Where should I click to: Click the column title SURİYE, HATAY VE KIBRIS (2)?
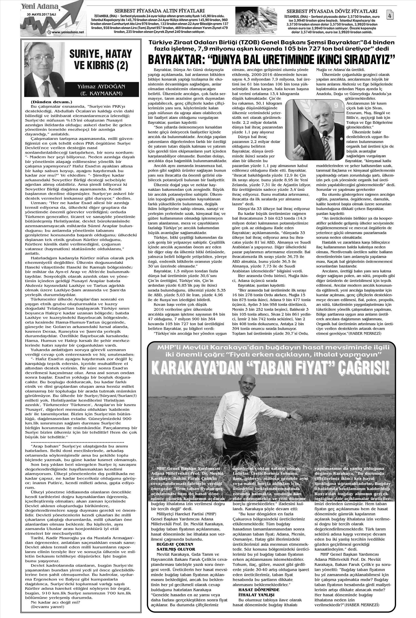coord(101,59)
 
